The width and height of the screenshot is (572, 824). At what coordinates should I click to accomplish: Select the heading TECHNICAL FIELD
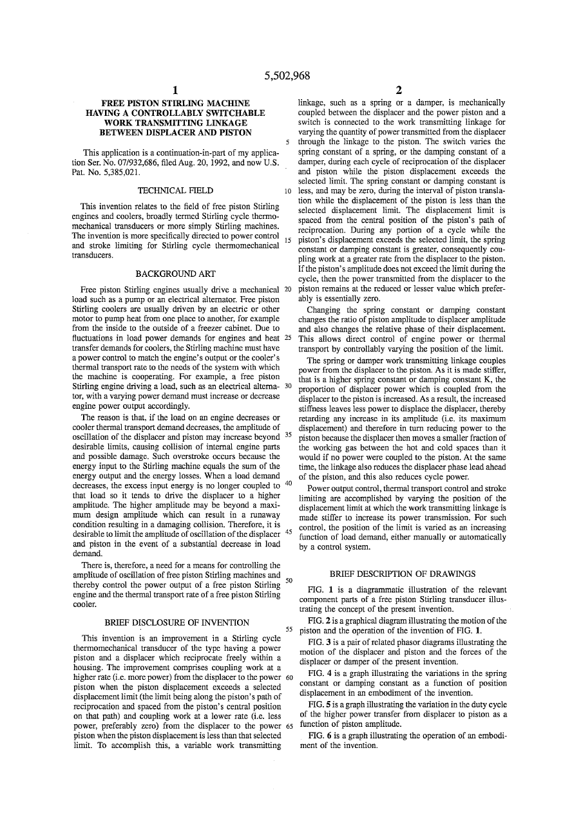176,191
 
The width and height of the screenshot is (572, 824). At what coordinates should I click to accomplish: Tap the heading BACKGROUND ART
176,274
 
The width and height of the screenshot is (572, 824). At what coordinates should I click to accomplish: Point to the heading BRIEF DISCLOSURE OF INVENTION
176,623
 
